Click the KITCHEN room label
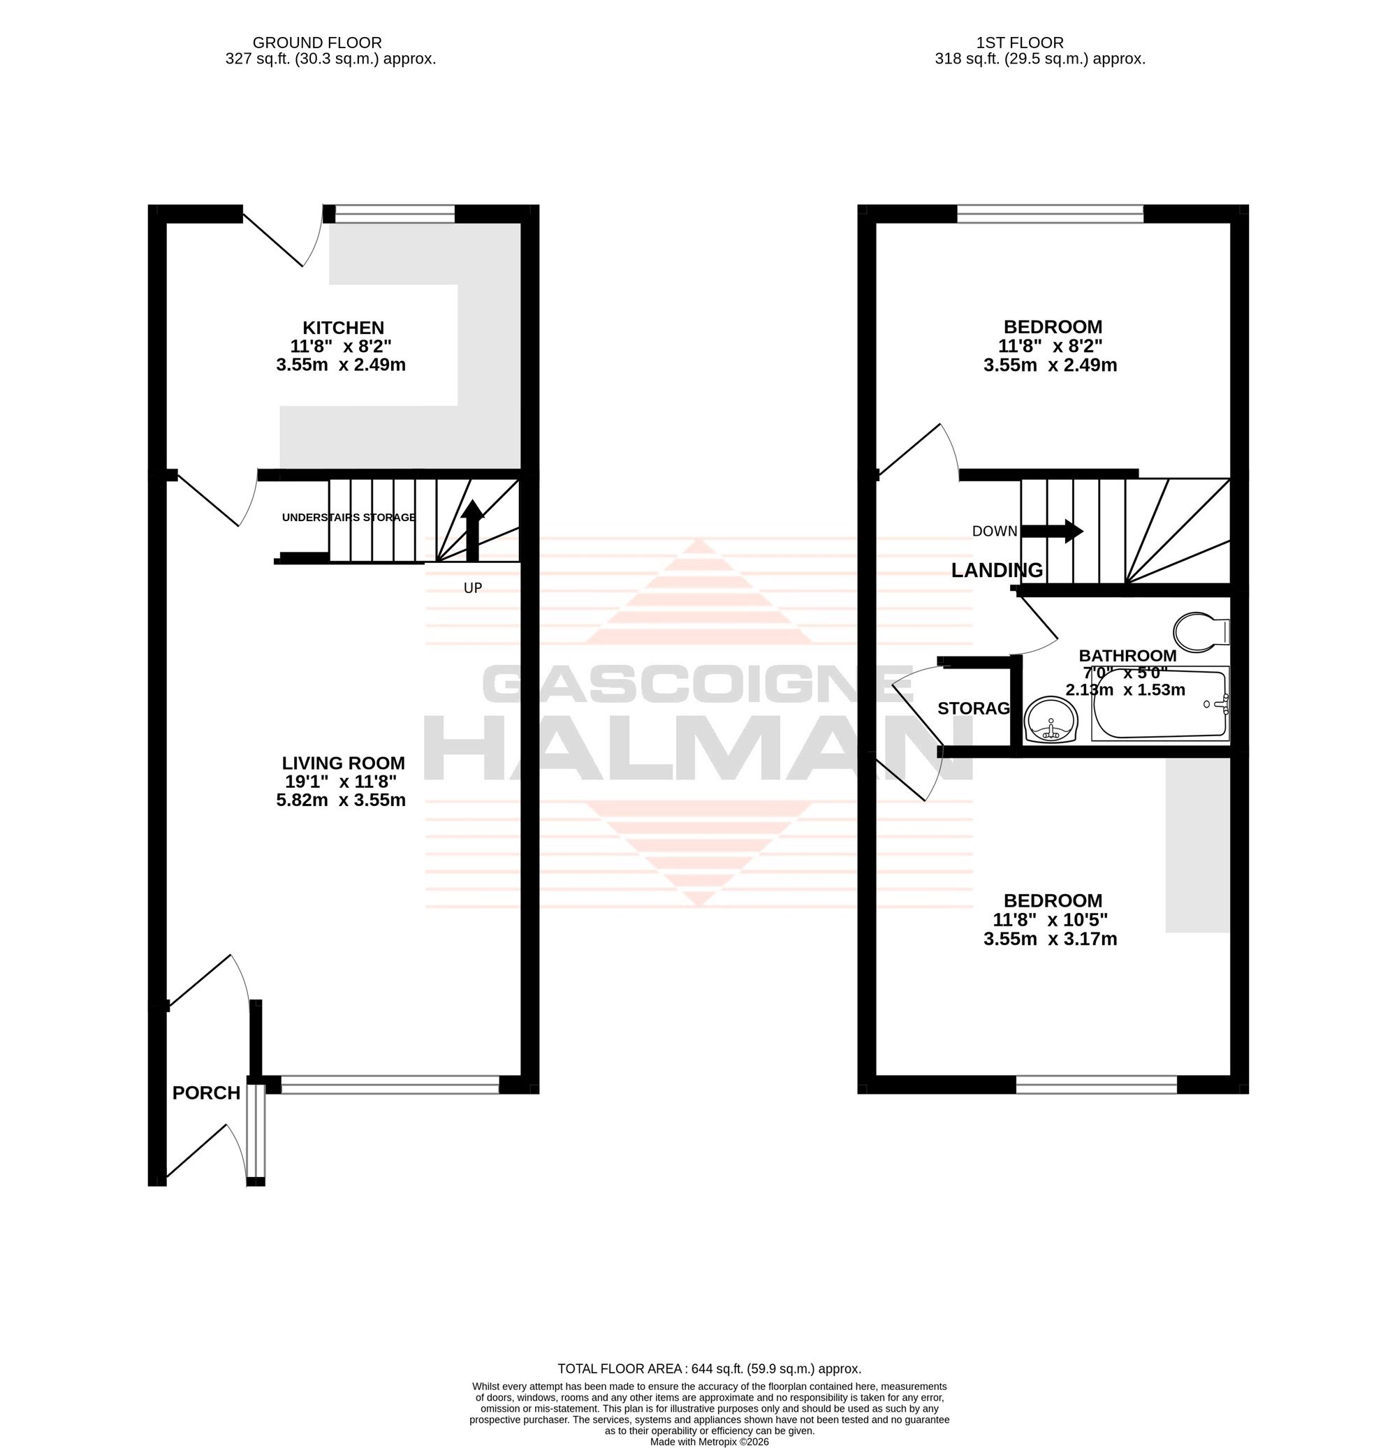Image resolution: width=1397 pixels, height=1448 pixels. (343, 328)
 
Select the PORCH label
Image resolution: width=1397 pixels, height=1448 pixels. (206, 1092)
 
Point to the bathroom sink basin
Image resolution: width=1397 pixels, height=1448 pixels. (1052, 719)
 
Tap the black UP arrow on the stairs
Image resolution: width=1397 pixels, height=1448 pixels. (473, 530)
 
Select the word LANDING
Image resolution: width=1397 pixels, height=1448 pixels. (997, 569)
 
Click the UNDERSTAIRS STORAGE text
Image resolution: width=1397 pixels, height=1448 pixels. (349, 517)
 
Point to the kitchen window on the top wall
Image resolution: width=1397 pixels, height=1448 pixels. (395, 214)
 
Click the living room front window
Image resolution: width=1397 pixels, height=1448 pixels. (390, 1085)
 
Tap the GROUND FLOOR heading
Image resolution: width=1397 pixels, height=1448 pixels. (317, 43)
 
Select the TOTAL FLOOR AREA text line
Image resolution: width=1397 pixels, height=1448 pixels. (708, 1368)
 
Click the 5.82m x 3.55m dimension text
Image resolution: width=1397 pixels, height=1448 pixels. (341, 800)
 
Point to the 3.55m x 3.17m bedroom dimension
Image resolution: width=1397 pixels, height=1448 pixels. (1050, 939)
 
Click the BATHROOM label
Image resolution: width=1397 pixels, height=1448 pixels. (1127, 655)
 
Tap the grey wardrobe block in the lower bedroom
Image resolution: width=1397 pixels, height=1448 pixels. (1197, 844)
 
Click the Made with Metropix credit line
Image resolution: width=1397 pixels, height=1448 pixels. (709, 1441)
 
